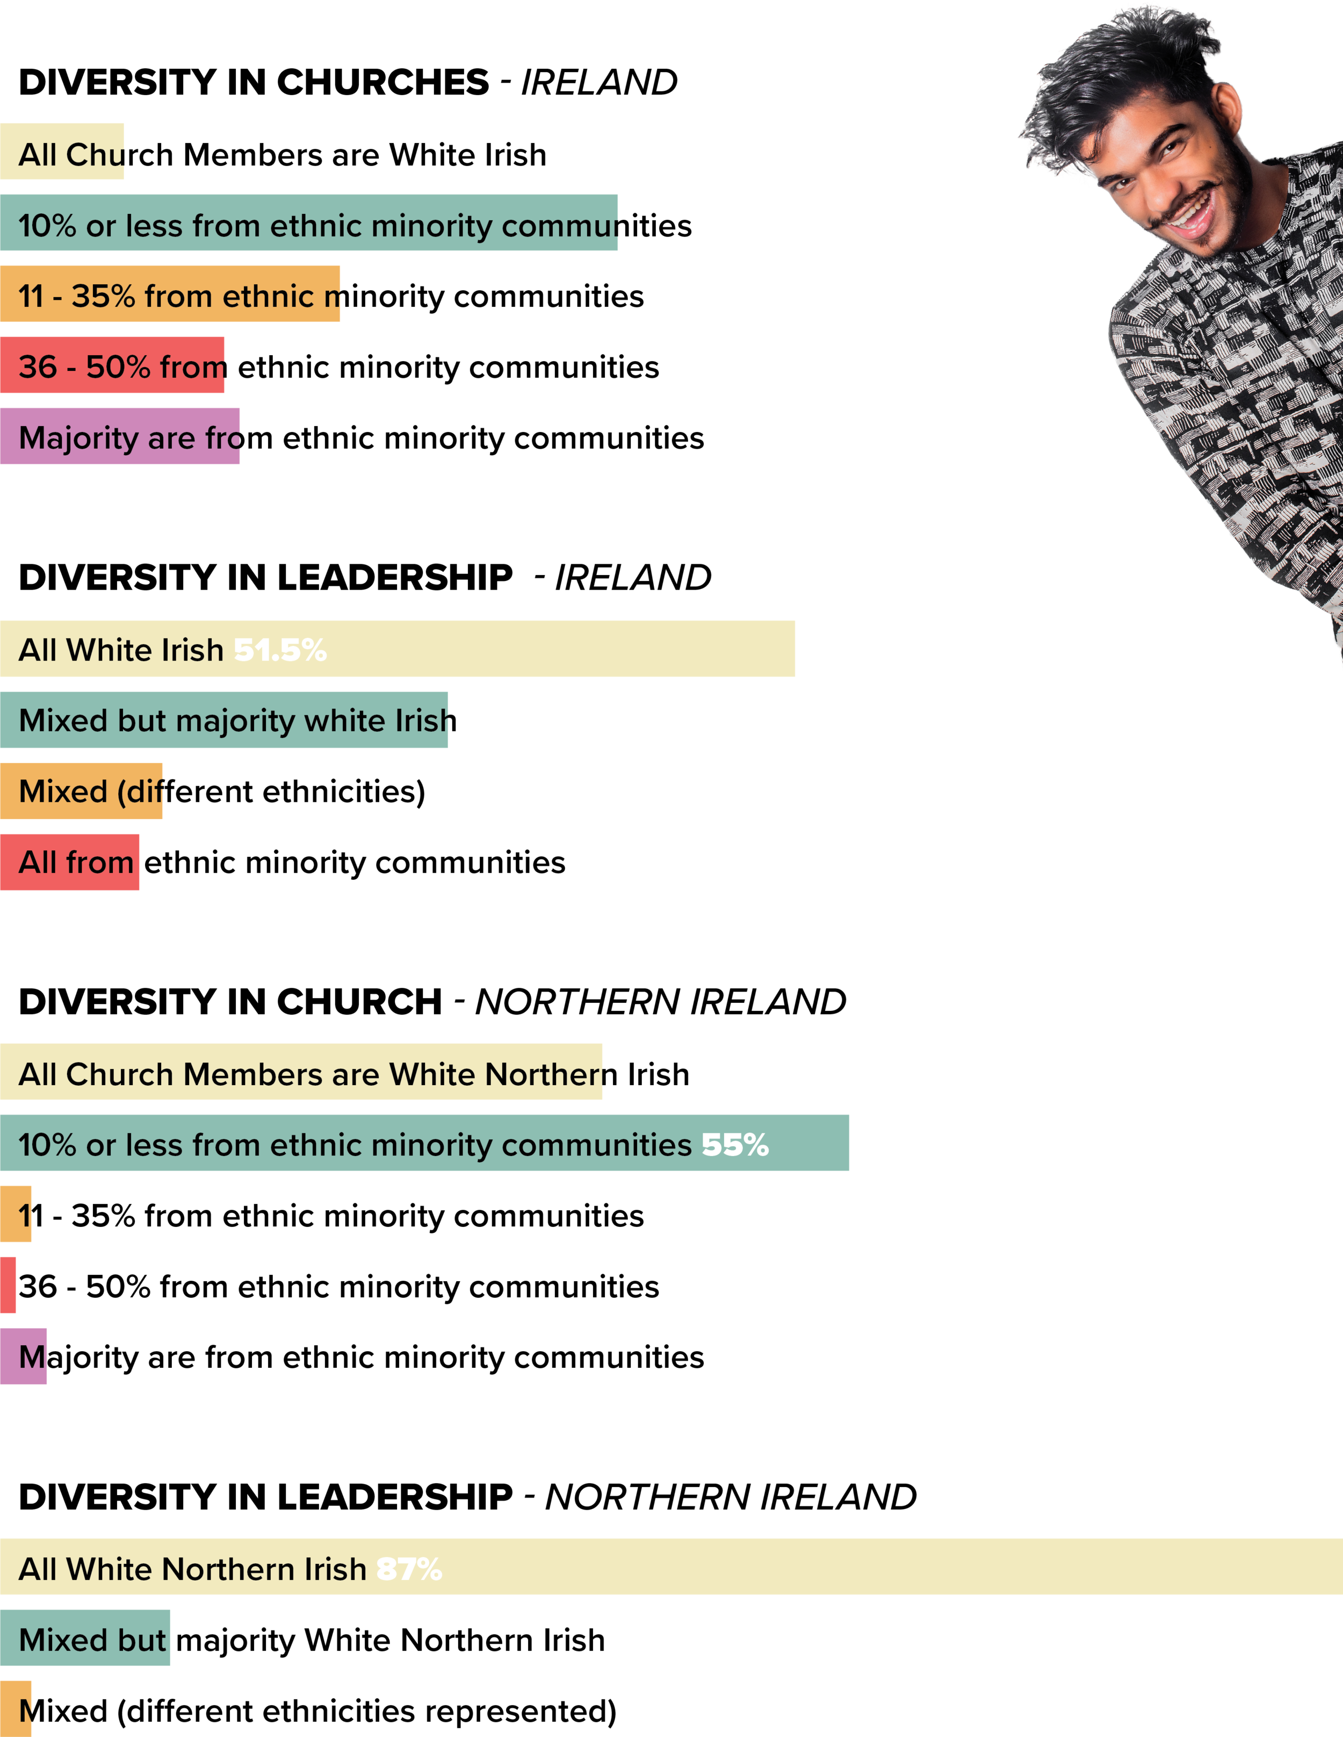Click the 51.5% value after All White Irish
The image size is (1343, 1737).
[280, 651]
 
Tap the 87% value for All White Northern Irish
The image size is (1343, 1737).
[409, 1569]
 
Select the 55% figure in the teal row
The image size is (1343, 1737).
[735, 1145]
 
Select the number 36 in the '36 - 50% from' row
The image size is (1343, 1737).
[38, 368]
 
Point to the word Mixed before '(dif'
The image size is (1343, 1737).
[63, 792]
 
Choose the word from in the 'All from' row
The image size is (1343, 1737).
[99, 863]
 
